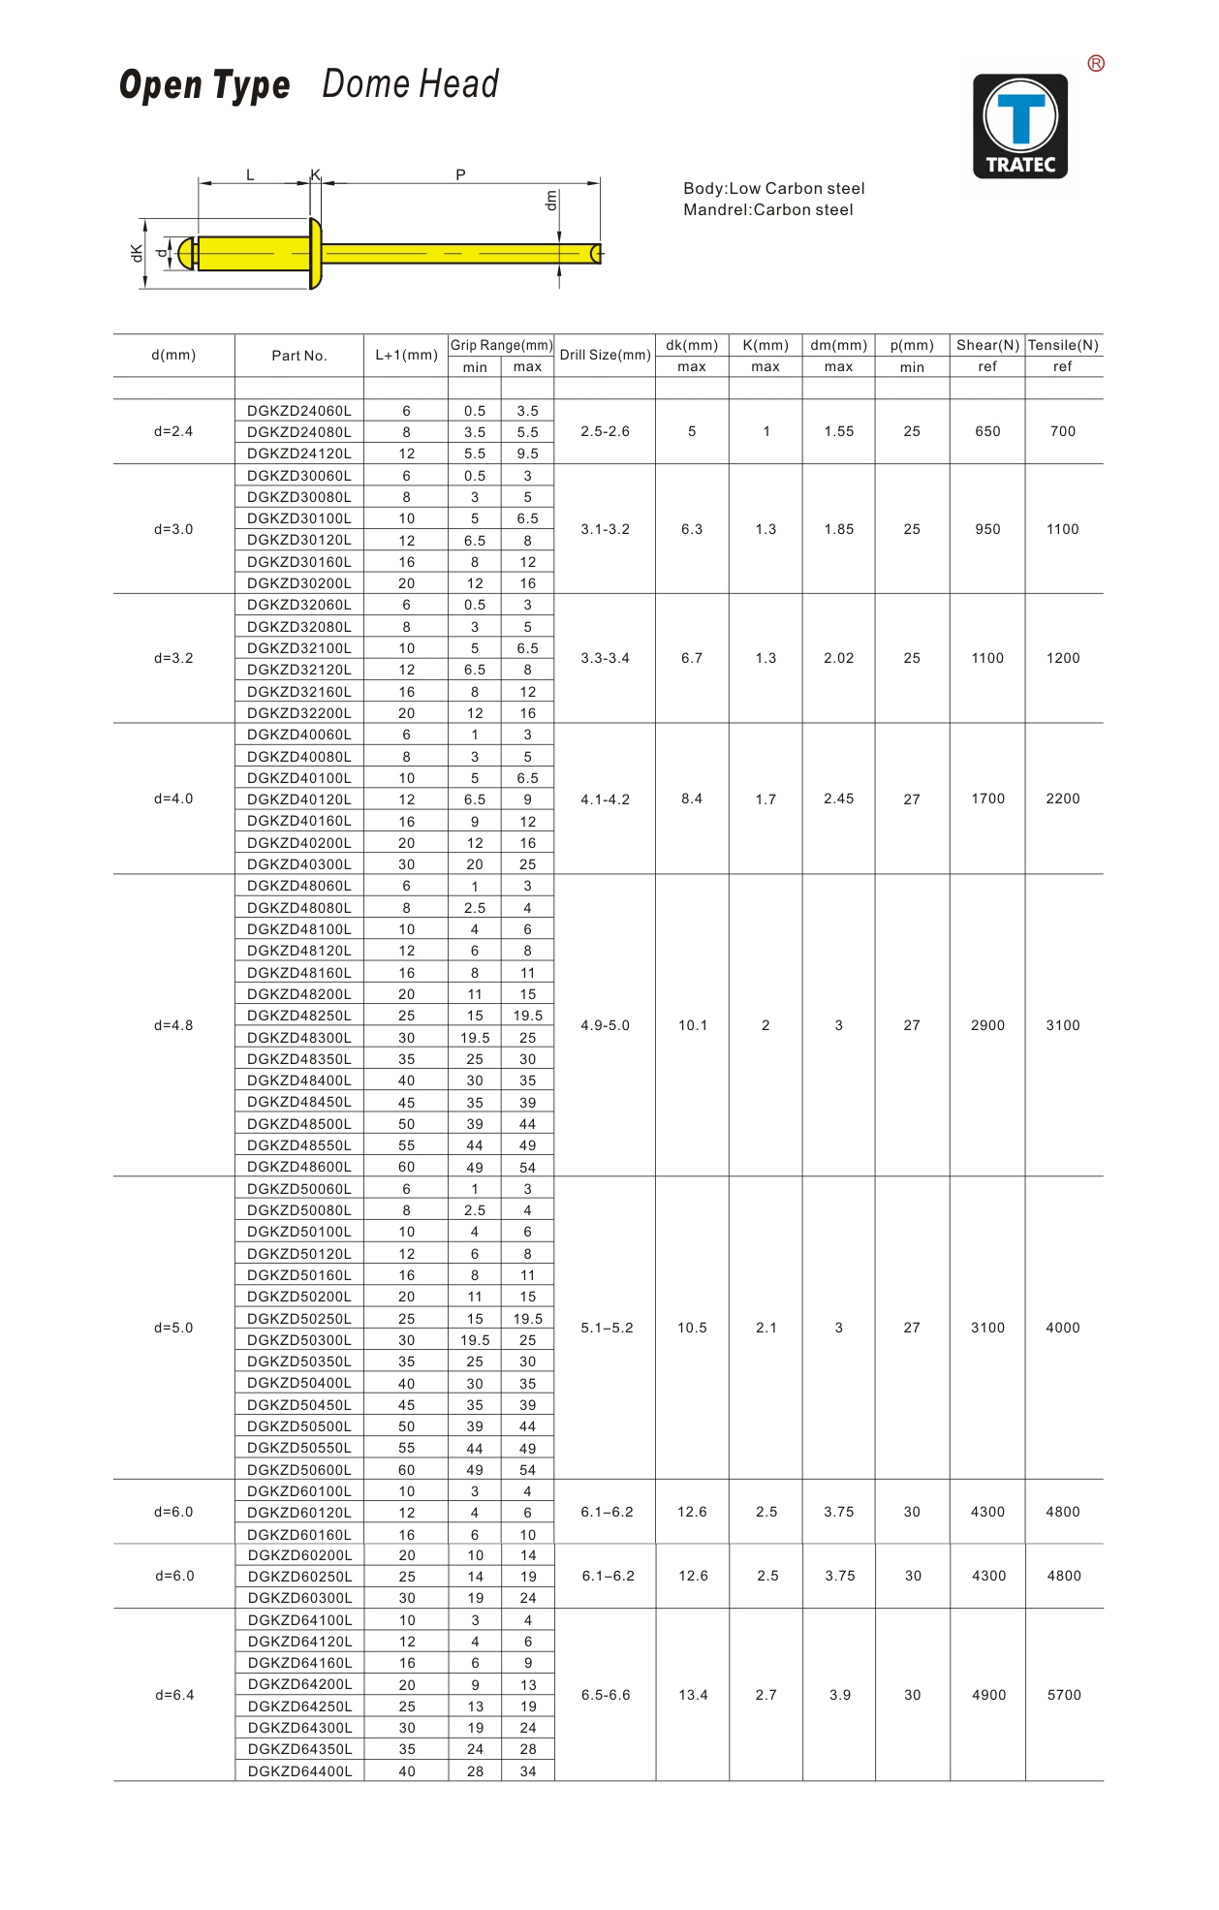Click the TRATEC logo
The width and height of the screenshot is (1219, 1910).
(1020, 126)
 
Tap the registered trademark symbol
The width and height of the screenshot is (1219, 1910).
(1096, 64)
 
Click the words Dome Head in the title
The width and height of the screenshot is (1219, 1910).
(410, 84)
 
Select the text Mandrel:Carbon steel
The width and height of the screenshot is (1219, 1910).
(767, 210)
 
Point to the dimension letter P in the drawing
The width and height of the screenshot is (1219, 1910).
(460, 174)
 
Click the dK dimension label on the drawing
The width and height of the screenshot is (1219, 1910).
(137, 253)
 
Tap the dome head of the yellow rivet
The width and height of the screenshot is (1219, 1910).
(315, 254)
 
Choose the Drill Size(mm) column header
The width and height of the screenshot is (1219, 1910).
(605, 356)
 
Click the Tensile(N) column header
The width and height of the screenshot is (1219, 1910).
(1063, 346)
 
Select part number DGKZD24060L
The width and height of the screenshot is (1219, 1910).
(299, 411)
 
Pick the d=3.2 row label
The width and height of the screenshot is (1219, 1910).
(173, 659)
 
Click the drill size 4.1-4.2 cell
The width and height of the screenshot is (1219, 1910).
(605, 799)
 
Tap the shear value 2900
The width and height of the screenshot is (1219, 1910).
(987, 1025)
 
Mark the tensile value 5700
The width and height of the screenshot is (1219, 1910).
(1064, 1695)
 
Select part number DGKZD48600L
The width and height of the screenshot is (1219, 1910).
(299, 1167)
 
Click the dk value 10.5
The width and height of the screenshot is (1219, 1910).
(692, 1328)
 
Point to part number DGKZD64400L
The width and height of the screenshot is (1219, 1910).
(300, 1771)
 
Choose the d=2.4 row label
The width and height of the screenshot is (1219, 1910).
(173, 431)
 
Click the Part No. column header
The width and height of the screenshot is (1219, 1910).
(299, 356)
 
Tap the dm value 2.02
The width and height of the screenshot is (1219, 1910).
(839, 659)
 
